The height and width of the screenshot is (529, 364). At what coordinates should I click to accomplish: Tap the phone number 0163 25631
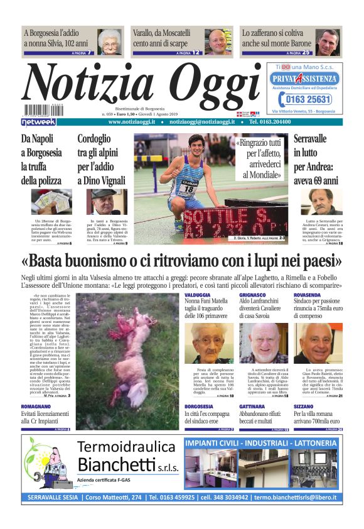coord(309,99)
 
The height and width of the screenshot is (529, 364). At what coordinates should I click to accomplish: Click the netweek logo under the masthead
coord(39,122)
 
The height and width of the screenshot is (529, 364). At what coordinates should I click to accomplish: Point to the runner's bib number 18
coord(188,187)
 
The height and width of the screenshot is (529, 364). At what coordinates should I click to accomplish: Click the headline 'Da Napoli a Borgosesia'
coord(41,159)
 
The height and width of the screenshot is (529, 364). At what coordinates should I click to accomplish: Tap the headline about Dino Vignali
coord(102,159)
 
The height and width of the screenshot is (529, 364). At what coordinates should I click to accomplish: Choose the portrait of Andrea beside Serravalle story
coord(324,202)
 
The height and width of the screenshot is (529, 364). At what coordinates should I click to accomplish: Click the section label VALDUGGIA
coord(198,295)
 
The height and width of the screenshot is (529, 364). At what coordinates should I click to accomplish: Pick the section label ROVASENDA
coord(309,295)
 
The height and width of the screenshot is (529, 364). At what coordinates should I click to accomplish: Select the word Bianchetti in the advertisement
coord(116,465)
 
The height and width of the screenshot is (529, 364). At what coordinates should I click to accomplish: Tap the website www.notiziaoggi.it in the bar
coord(132,122)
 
